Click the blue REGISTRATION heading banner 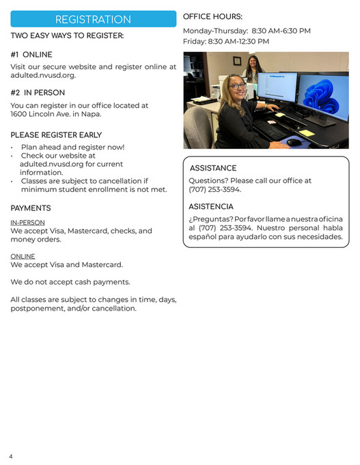coord(93,19)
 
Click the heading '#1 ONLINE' coord(31,55)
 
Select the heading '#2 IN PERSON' coord(38,93)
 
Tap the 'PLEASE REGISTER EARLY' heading coord(56,135)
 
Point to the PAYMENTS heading coord(31,208)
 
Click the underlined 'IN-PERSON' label coord(27,223)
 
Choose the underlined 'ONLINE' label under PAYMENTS coord(23,257)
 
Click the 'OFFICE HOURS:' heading coord(212,16)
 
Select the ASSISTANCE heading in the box coord(213,168)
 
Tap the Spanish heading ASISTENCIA coord(211,206)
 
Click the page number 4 coord(11,455)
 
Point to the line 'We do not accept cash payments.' coord(70,282)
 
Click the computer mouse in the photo coord(294,142)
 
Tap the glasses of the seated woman coord(237,86)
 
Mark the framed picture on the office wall coord(237,61)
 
